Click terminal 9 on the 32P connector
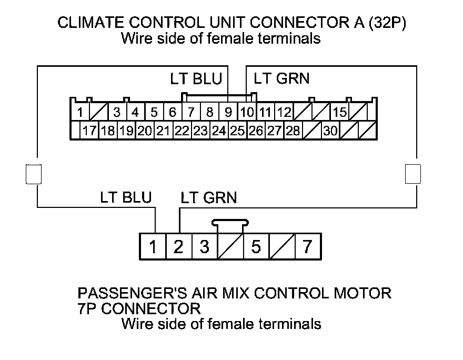coord(228,112)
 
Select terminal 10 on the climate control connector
coord(246,112)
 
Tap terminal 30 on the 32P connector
coord(330,131)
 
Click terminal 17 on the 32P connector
coord(89,131)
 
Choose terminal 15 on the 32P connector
coord(339,112)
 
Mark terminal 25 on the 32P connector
coord(237,131)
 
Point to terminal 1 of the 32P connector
coord(80,112)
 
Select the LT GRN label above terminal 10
coord(281,79)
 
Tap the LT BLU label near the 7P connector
coord(126,198)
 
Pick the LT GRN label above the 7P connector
coord(208,198)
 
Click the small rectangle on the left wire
coord(33,174)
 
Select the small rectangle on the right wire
coord(413,174)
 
